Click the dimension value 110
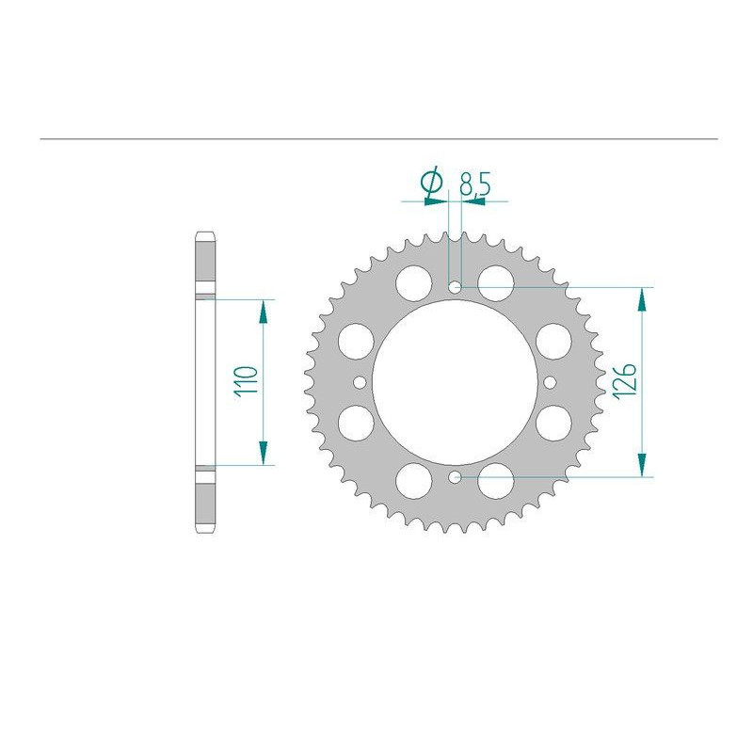coord(246,381)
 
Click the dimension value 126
coord(624,381)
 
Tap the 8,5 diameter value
coord(475,184)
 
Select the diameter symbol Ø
coord(431,182)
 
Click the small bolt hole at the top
coord(455,287)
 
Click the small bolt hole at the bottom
coord(455,477)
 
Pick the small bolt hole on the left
coord(360,382)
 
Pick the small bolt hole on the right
coord(551,382)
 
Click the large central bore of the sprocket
coord(455,382)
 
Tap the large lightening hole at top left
coord(413,283)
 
